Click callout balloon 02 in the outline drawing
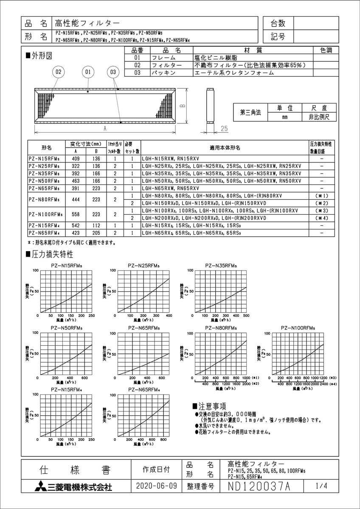[58, 73]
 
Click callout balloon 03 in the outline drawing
[112, 73]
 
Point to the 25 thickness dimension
[225, 128]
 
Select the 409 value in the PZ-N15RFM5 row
[76, 158]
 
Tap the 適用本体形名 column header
[225, 147]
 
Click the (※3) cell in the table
[321, 210]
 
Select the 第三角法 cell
[250, 112]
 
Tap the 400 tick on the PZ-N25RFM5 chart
[169, 316]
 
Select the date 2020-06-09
[156, 487]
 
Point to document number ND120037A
[259, 487]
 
